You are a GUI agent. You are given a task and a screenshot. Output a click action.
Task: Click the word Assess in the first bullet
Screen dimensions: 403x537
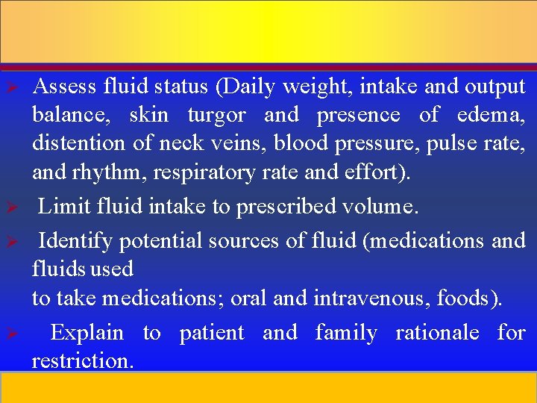[65, 87]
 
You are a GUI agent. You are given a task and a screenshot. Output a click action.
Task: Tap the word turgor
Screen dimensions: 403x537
[216, 116]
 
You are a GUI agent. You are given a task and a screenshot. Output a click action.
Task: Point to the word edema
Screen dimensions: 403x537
[491, 116]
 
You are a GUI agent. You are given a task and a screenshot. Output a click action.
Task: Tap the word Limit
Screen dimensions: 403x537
[59, 206]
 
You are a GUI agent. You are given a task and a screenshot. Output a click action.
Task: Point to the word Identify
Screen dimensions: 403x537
[75, 240]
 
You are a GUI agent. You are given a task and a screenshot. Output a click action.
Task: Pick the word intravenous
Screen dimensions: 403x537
[371, 299]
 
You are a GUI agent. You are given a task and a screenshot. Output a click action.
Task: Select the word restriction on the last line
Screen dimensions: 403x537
[82, 361]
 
